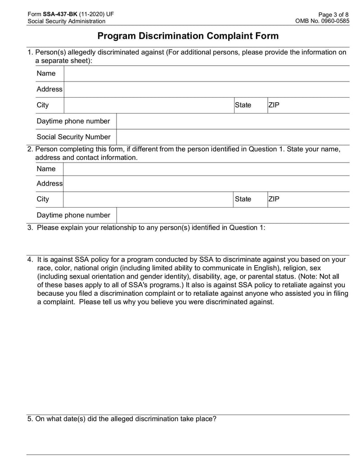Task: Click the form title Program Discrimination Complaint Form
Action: pos(188,36)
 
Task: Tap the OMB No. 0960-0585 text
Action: pos(322,21)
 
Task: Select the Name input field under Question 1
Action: pos(206,74)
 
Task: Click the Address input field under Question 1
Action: pos(206,90)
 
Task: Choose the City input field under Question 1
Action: pos(148,105)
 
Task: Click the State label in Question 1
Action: pos(243,105)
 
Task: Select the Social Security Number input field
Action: pos(232,137)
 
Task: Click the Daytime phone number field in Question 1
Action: pos(232,122)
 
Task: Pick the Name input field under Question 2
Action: pos(206,169)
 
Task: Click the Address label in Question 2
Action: pos(49,184)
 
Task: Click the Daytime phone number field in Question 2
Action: pos(232,216)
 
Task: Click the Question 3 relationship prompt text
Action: pos(151,228)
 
